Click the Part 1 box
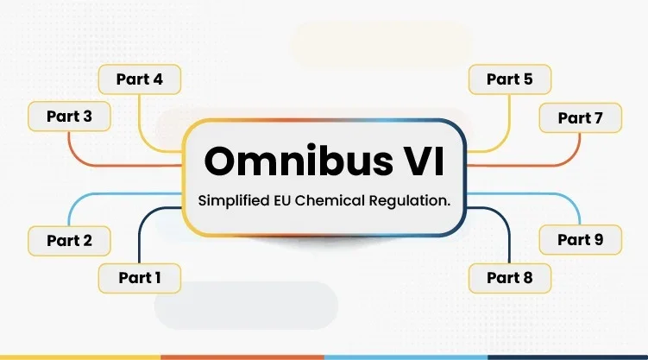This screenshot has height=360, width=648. coord(139,278)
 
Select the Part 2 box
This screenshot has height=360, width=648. coord(69,241)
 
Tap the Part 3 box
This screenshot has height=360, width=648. coord(69,117)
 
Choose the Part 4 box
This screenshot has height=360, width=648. coord(139,80)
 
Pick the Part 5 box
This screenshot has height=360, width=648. coord(509,80)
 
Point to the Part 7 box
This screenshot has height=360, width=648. coord(580,118)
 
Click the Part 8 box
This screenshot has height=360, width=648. coord(509,278)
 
